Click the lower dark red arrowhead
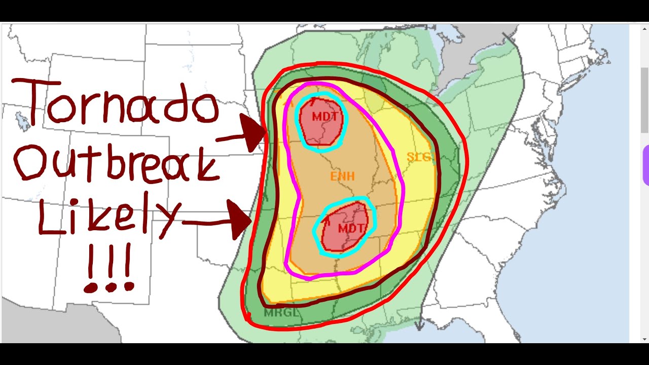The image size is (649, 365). point(239,220)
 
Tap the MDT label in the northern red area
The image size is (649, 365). point(321,117)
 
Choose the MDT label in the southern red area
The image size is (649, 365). point(350,228)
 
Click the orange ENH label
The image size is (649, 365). point(342,177)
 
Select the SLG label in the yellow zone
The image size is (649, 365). point(418,157)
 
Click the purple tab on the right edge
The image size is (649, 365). point(645,165)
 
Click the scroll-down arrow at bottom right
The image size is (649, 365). point(644,338)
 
